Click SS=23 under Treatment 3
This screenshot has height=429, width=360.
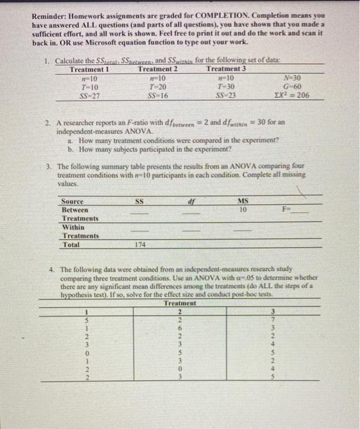(223, 96)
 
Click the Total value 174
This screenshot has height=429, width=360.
(140, 244)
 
